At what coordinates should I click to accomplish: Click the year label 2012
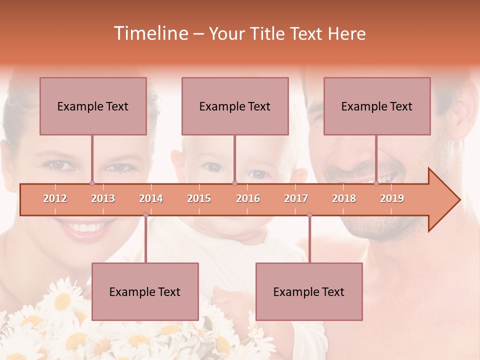(55, 198)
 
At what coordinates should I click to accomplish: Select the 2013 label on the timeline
(103, 198)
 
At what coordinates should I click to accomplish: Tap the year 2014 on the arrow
(151, 198)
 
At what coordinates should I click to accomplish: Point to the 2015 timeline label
(199, 198)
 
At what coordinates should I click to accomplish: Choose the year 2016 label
(248, 198)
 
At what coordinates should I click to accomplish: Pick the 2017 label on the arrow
(296, 198)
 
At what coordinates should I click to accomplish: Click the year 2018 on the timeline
(344, 198)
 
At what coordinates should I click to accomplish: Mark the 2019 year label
(392, 198)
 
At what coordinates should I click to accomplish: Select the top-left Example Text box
(93, 106)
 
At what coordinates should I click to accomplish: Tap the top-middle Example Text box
(235, 106)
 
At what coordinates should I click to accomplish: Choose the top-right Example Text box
(377, 106)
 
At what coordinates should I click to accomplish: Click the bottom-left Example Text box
(145, 291)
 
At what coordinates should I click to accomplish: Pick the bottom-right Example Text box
(309, 291)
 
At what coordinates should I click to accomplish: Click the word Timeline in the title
(150, 33)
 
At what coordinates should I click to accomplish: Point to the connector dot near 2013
(92, 183)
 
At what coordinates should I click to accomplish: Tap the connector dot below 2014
(145, 215)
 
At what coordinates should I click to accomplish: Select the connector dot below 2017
(309, 215)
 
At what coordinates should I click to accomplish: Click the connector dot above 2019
(376, 183)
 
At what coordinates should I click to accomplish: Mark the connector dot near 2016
(234, 183)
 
